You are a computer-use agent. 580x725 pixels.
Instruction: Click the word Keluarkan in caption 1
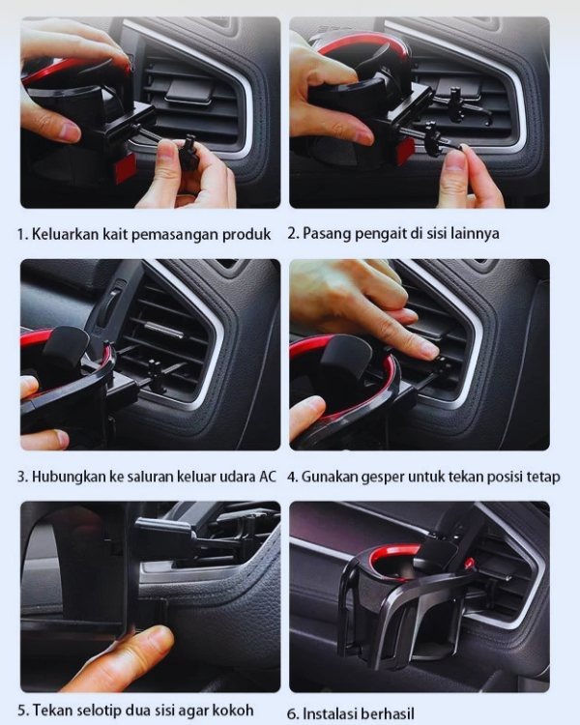65,234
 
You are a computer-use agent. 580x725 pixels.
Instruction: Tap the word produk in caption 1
246,235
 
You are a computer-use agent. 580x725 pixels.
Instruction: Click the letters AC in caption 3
267,477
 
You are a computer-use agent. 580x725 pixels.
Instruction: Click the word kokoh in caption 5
233,710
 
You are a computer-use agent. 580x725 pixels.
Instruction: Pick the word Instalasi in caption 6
329,713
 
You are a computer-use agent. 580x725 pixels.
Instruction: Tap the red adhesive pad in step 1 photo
126,168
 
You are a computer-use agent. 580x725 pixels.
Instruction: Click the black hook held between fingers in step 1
190,149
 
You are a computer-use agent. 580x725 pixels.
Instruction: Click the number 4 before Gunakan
291,477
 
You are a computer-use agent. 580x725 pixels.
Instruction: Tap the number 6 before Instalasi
292,714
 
